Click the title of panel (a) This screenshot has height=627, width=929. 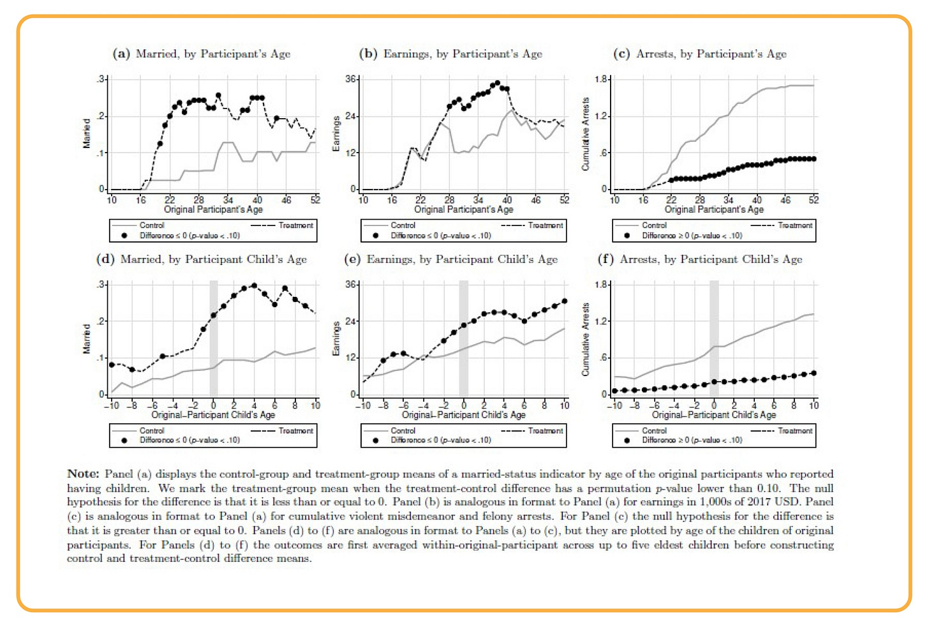202,54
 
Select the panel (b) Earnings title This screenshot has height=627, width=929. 450,54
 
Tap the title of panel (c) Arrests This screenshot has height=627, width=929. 700,54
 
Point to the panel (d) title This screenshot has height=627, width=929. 202,259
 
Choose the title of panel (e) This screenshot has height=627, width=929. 450,259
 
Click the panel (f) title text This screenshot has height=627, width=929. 700,259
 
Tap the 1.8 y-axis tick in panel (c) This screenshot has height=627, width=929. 601,79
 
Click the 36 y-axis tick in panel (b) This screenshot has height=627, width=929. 351,79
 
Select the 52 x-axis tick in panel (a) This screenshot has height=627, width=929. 315,200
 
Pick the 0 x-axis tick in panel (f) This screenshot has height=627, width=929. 714,405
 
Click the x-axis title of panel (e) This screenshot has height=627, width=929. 464,415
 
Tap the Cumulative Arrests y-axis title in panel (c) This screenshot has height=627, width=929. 586,134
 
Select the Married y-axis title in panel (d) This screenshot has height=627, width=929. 86,338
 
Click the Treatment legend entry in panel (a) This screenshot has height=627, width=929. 295,225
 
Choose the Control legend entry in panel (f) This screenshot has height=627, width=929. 654,431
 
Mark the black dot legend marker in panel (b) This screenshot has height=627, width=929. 375,236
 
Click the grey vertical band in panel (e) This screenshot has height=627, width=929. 464,338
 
